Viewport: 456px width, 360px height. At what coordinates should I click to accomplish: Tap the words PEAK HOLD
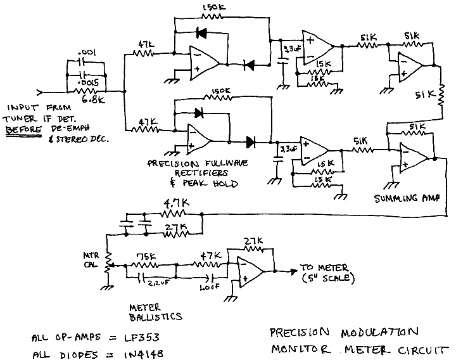coord(219,184)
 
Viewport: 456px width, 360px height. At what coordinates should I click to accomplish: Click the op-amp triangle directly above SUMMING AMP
coord(414,158)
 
